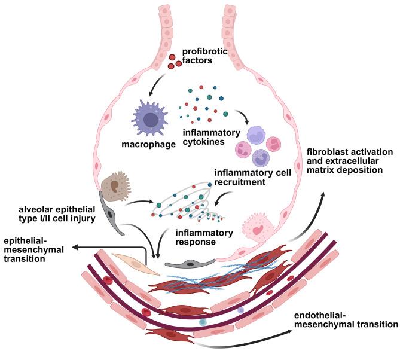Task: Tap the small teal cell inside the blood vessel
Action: point(203,322)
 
